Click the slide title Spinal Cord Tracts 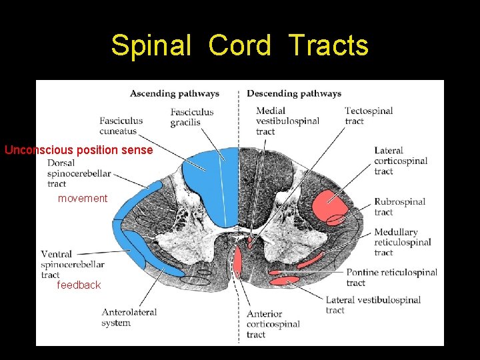pos(239,45)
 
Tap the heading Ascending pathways pos(175,93)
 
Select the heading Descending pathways pos(294,93)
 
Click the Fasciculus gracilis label pos(192,117)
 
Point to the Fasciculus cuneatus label pos(121,126)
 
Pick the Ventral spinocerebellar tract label pos(73,264)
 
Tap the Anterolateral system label pos(129,317)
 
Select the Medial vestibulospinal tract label pos(287,121)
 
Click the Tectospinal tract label pos(369,115)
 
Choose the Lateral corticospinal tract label pos(401,161)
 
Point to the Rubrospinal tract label pos(399,207)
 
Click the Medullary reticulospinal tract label pos(403,242)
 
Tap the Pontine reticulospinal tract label pos(392,277)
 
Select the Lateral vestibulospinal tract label pos(373,305)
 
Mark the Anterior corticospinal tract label pos(273,324)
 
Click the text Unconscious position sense pos(79,150)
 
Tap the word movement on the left pos(83,198)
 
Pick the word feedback pos(79,285)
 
